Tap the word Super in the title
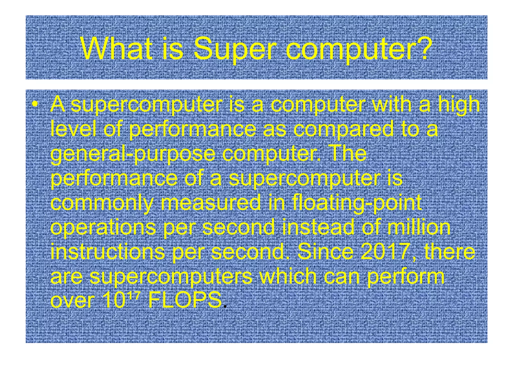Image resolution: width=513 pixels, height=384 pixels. pos(235,49)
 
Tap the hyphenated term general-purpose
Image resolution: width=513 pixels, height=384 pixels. pos(133,154)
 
